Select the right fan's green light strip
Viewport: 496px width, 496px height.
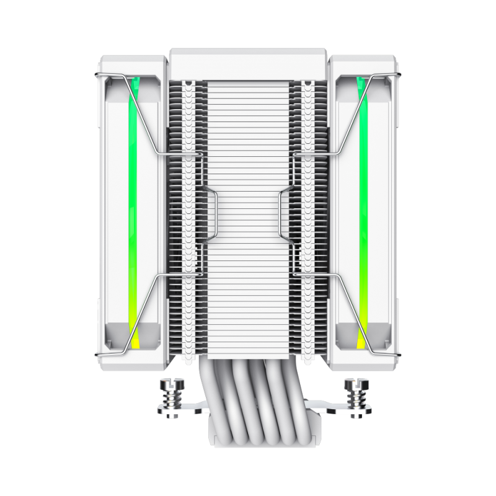point(365,186)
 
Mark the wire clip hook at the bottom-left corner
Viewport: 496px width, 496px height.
point(98,355)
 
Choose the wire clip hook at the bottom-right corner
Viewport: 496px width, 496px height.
point(398,355)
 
